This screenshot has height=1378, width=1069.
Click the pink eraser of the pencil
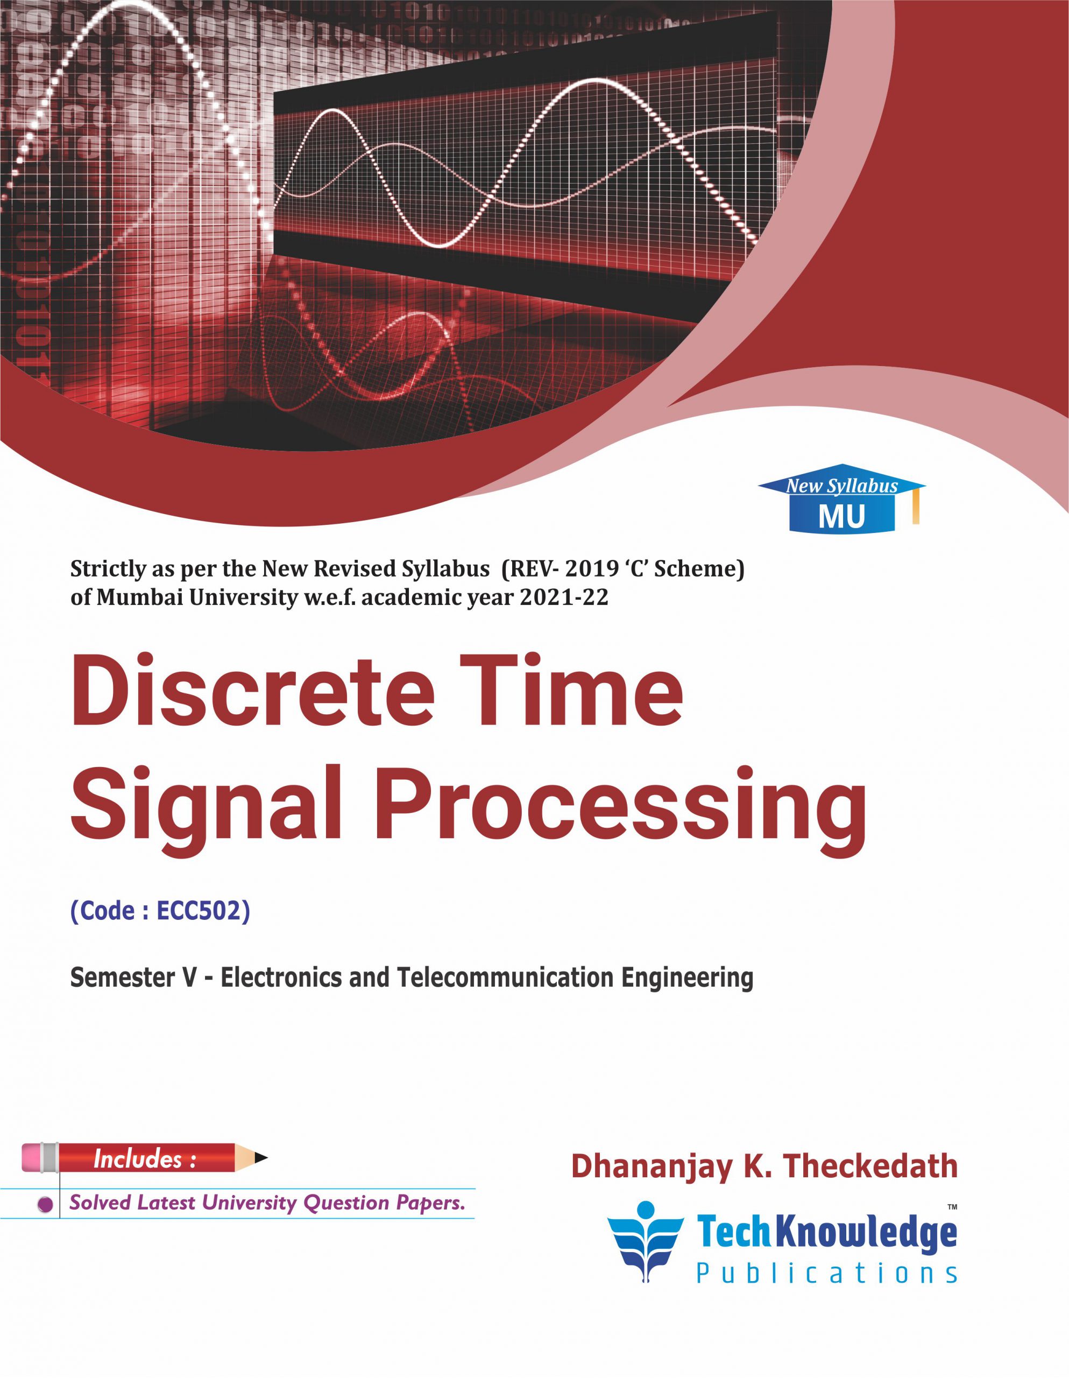34,1157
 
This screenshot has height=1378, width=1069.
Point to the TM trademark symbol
952,1208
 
